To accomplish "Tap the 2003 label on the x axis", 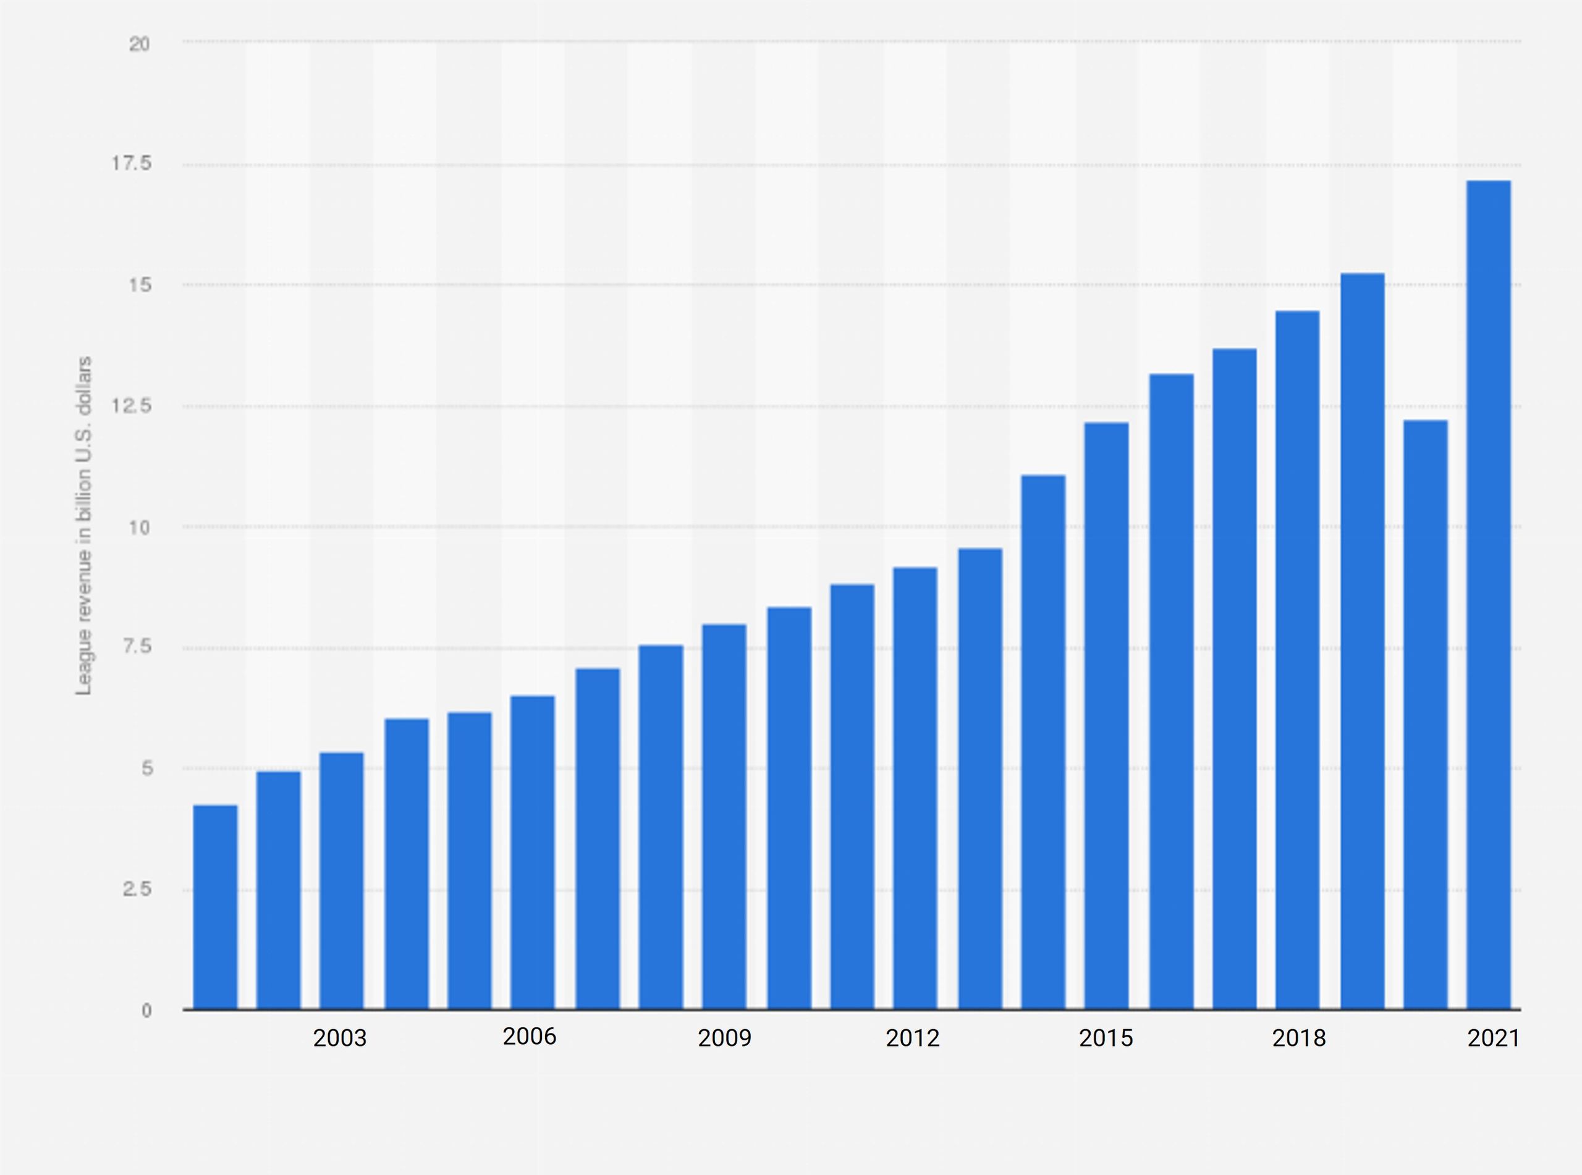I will (x=339, y=1038).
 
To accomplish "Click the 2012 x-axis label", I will (x=912, y=1038).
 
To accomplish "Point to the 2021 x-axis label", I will (x=1493, y=1038).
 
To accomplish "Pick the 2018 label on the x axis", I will (x=1298, y=1038).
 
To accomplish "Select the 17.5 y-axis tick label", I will (x=132, y=164).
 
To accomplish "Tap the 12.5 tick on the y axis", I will (x=132, y=406).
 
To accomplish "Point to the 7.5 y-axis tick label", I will (x=137, y=647).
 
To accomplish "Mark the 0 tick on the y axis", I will (x=146, y=1010).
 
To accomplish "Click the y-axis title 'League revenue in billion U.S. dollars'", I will (x=84, y=526).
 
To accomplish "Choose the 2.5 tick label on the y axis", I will (x=137, y=888).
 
